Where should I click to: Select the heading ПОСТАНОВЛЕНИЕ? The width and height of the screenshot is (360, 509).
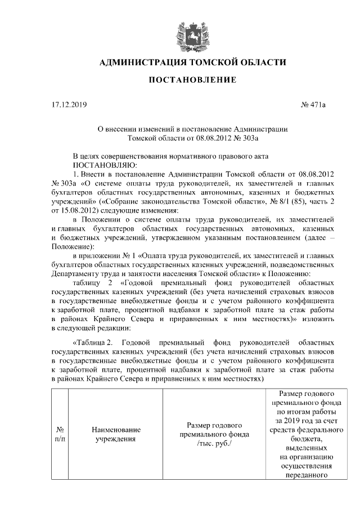pyautogui.click(x=192, y=81)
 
